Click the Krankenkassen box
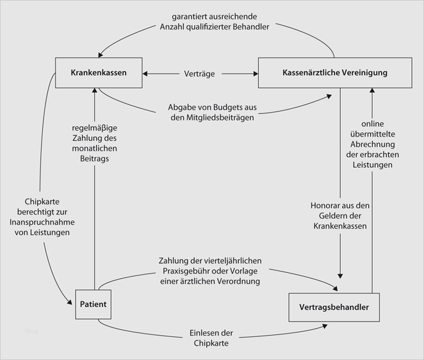point(99,73)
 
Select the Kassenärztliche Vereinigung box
point(334,73)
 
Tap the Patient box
point(93,304)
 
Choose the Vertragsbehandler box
point(334,308)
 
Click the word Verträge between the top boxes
point(199,73)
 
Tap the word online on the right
point(373,123)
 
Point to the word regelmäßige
point(94,127)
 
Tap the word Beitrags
point(95,158)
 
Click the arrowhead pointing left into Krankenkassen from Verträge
point(146,73)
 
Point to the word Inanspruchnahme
point(42,222)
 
